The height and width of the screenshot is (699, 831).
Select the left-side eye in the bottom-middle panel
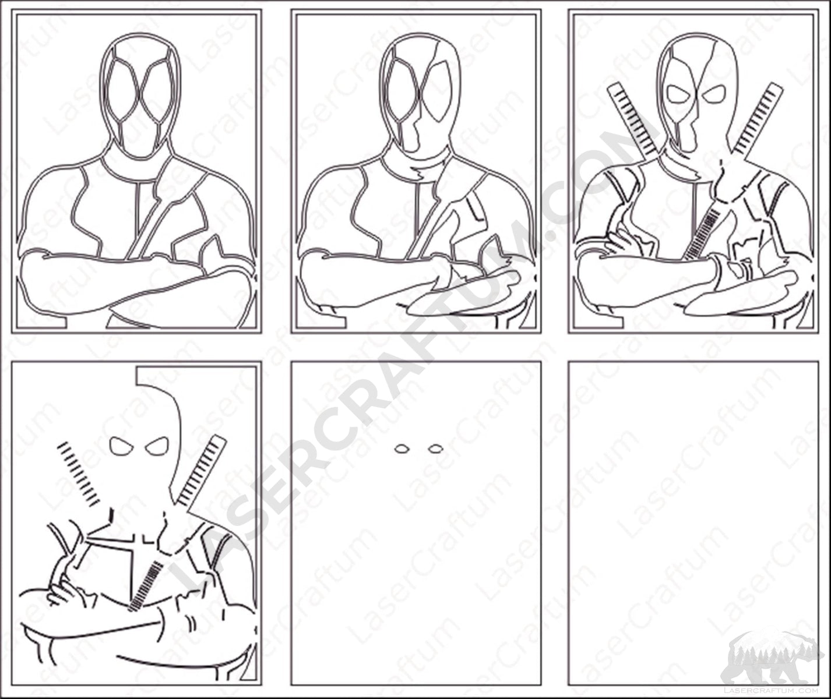[402, 449]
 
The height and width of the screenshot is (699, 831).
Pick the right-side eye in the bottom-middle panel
[435, 449]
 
